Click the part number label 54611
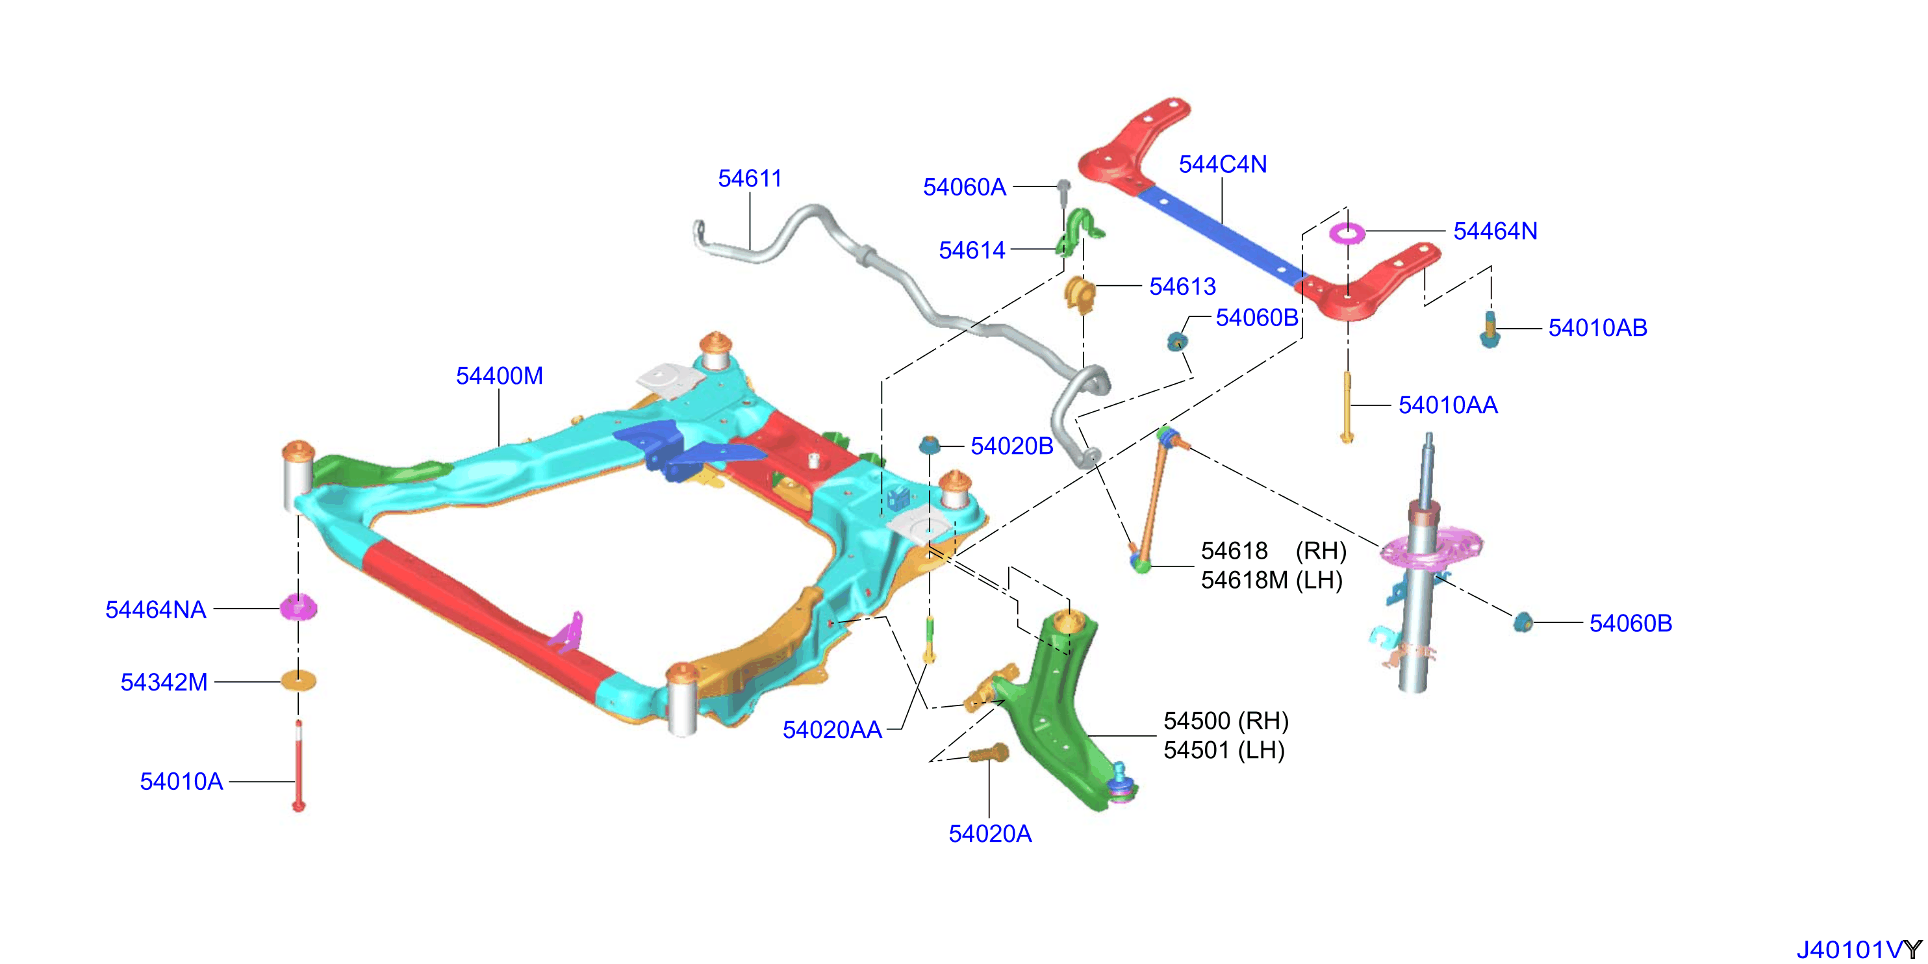tap(749, 178)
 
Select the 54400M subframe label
tap(499, 375)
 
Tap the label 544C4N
tap(1223, 164)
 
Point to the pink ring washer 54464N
tap(1347, 233)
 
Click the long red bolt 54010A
tap(299, 765)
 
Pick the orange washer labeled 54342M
tap(298, 680)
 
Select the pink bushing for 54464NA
tap(298, 607)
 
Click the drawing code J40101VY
tap(1859, 950)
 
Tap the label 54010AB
tap(1597, 328)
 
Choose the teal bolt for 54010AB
tap(1490, 330)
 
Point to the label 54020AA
tap(832, 729)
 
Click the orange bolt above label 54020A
tap(989, 753)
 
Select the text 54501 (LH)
tap(1224, 750)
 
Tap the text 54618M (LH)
tap(1272, 580)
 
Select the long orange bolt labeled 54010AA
tap(1347, 407)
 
